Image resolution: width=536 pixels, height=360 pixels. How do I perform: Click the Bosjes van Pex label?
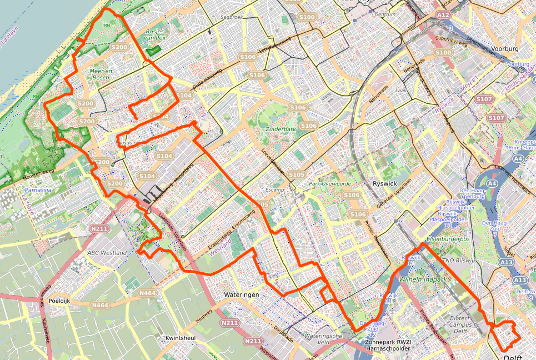(x=156, y=35)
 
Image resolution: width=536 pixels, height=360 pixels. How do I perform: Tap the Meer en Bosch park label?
(x=100, y=74)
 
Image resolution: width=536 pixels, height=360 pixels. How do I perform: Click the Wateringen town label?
(x=242, y=294)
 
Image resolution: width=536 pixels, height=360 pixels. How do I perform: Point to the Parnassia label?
(x=38, y=189)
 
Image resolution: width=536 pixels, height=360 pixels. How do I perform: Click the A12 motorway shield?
(x=443, y=15)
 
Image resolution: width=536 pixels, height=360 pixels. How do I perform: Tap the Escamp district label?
(x=275, y=189)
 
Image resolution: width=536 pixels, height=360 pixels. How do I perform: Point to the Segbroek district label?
(x=232, y=17)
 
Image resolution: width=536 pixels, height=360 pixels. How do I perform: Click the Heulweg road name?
(x=204, y=312)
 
